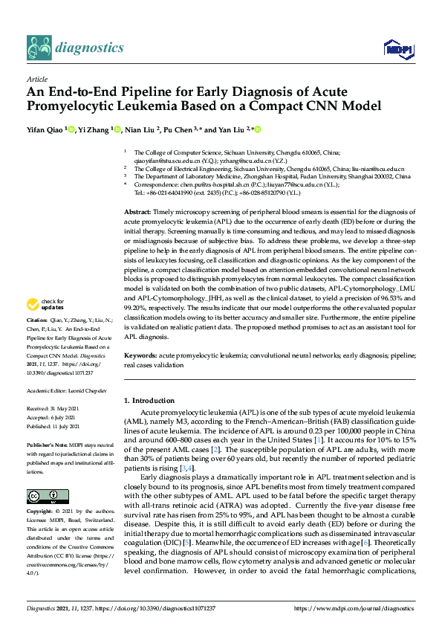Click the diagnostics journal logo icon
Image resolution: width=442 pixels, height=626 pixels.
pos(40,48)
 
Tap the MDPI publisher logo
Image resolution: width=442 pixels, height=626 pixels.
pos(396,50)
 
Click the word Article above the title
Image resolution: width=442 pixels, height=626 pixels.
pos(36,78)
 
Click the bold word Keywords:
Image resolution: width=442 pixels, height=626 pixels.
pos(141,357)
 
